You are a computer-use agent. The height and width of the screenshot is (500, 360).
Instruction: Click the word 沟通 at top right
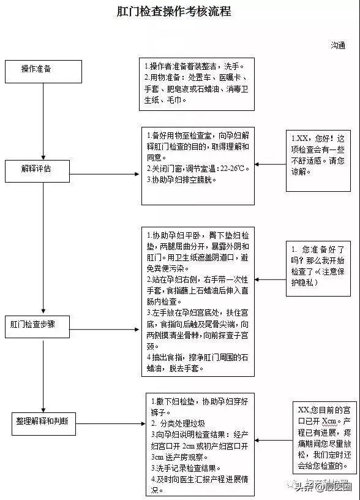[338, 45]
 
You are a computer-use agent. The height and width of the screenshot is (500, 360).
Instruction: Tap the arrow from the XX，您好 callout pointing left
[269, 164]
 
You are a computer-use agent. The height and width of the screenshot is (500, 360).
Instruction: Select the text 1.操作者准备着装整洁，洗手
[194, 66]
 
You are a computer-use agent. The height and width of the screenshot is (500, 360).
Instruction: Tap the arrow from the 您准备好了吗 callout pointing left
[269, 279]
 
